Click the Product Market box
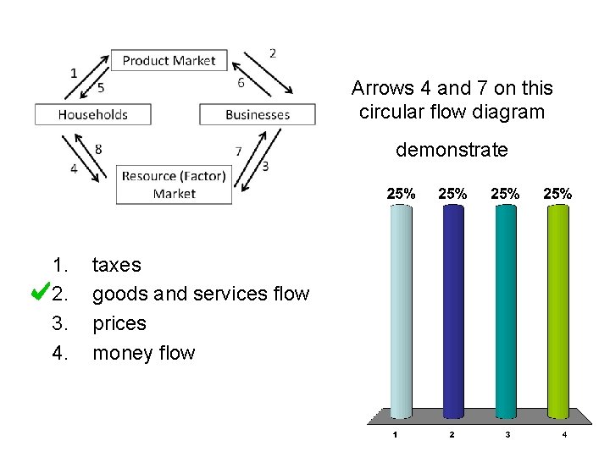[169, 60]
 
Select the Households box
[93, 114]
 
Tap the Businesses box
[258, 114]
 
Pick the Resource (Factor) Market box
[174, 184]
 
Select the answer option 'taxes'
[116, 265]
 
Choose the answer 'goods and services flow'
[200, 294]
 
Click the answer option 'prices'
[119, 323]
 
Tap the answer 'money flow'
[143, 352]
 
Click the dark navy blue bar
[452, 309]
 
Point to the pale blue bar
[400, 309]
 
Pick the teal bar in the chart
[505, 309]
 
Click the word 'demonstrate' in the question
[452, 150]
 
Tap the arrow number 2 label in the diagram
[272, 52]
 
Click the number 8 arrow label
[99, 149]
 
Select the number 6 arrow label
[241, 82]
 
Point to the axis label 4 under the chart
[563, 435]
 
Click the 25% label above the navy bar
[452, 193]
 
